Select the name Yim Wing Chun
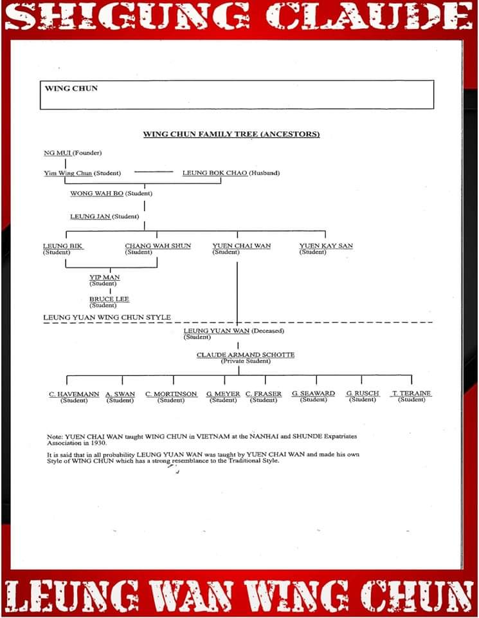click(x=68, y=173)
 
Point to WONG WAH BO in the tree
click(x=96, y=194)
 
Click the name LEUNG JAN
click(x=90, y=216)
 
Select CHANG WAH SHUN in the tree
click(x=158, y=246)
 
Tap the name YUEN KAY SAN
click(x=326, y=246)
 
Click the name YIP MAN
click(x=104, y=277)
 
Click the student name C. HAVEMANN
click(x=74, y=393)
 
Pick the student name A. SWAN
click(x=120, y=393)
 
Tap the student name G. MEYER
click(x=223, y=393)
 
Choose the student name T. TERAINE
click(x=411, y=393)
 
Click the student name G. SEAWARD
click(x=313, y=393)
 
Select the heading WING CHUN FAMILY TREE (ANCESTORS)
click(x=231, y=135)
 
